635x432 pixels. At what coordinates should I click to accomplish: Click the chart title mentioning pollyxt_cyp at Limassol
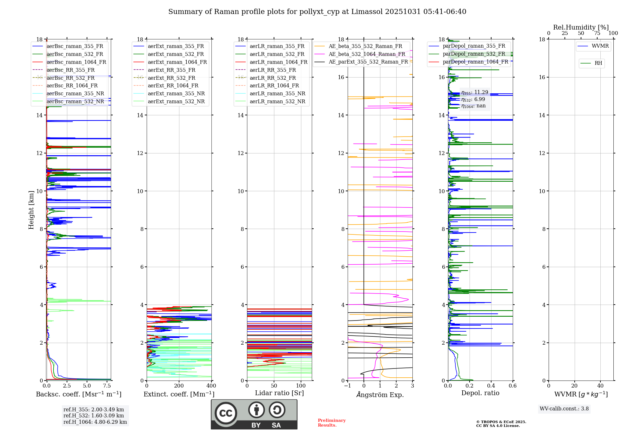coord(317,12)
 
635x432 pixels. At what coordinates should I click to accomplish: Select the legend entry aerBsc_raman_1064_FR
coord(76,62)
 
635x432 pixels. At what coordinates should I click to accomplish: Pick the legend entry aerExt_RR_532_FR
coord(171,78)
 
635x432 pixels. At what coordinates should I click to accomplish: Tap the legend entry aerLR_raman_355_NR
coord(277,93)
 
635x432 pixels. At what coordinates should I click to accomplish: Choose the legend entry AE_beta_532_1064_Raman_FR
coord(367,54)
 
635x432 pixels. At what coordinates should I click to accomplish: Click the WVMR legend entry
coord(600,46)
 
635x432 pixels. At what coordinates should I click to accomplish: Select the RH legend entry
coord(598,63)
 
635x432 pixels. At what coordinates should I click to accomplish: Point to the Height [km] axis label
coord(31,210)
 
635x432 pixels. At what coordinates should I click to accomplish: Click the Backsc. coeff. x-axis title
coord(78,394)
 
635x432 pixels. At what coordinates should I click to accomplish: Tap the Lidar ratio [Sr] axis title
coord(279,393)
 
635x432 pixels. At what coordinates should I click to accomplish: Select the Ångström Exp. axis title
coord(380,395)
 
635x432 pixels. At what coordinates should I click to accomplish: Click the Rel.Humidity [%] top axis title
coord(581,27)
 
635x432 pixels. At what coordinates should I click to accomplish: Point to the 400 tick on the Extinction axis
coord(211,386)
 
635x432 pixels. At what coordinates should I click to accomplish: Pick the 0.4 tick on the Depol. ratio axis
coord(491,386)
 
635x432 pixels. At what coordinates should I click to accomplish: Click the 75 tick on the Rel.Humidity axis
coord(597,33)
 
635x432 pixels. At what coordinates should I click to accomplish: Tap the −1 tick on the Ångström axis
coord(348,386)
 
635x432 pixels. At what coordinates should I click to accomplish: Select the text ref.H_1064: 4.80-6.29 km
coord(95,422)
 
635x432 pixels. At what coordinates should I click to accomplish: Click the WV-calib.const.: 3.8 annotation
coord(564,409)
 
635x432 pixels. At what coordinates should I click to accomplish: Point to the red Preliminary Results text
coord(331,423)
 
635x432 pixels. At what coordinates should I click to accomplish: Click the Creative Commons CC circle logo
coord(226,413)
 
